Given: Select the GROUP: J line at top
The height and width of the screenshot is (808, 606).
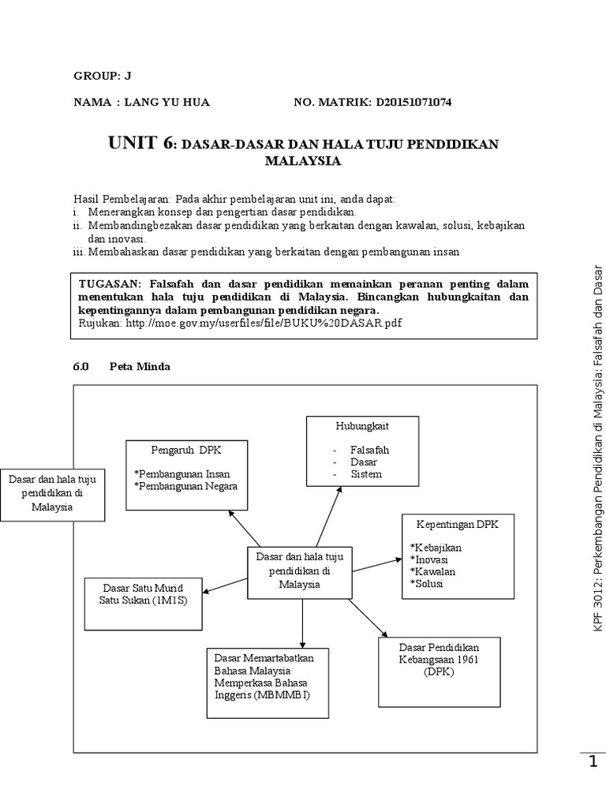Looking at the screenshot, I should [103, 76].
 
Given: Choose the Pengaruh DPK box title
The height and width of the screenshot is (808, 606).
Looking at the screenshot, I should [182, 449].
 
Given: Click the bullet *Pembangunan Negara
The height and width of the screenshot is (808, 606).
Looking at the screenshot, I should [186, 486].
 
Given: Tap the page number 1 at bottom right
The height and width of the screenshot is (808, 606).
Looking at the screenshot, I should [593, 762].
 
